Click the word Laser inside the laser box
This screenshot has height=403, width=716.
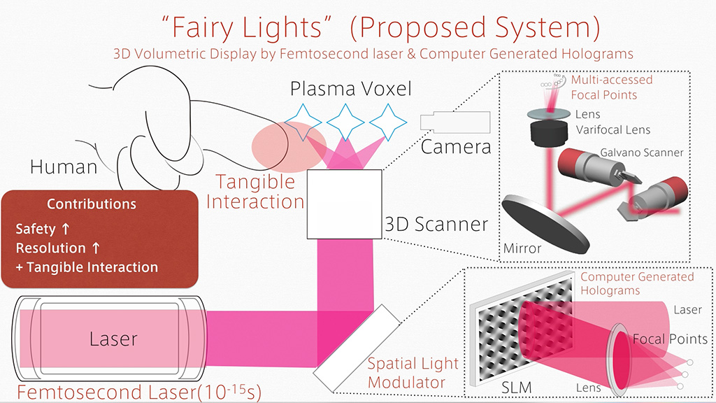pyautogui.click(x=113, y=339)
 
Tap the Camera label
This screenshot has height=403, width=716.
pyautogui.click(x=456, y=147)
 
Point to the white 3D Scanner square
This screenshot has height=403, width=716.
pyautogui.click(x=345, y=204)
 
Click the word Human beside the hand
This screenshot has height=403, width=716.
pyautogui.click(x=63, y=167)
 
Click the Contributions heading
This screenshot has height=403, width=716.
pyautogui.click(x=92, y=204)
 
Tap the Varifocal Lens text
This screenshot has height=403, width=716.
pyautogui.click(x=613, y=129)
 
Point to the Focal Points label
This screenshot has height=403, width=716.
pyautogui.click(x=670, y=339)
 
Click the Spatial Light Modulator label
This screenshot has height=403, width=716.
pyautogui.click(x=413, y=373)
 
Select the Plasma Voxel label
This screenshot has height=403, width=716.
pyautogui.click(x=341, y=89)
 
